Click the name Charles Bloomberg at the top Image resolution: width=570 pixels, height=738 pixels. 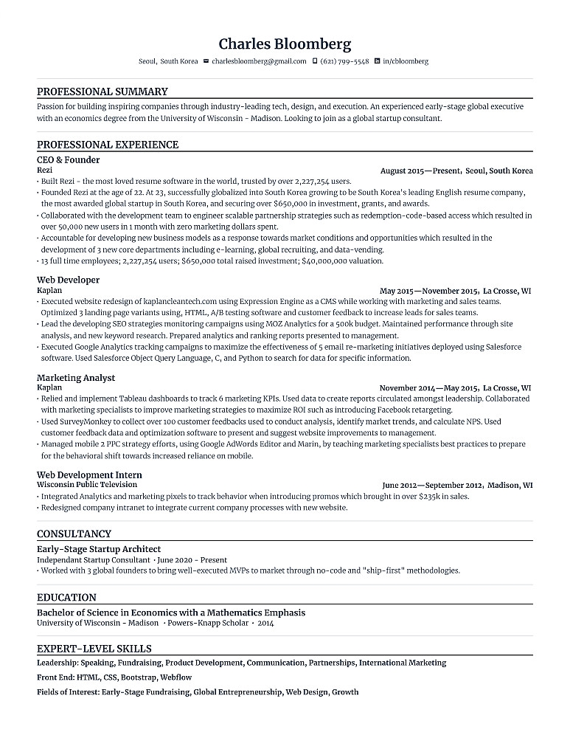point(285,44)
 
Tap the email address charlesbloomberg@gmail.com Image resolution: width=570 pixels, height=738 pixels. point(259,61)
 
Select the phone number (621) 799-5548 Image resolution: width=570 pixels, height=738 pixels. point(344,61)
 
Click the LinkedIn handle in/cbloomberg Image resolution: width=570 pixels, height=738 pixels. point(406,61)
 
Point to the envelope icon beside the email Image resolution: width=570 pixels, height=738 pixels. point(206,61)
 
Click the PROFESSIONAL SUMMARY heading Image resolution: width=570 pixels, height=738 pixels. point(102,92)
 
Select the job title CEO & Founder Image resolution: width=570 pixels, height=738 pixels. point(68,159)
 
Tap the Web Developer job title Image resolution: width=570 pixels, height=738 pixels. point(68,280)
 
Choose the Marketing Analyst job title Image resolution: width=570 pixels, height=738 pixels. point(76,377)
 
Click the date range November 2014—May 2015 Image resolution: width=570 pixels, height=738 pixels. point(427,387)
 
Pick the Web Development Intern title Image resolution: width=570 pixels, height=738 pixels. point(89,475)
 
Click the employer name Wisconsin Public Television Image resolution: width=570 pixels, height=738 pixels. point(87,485)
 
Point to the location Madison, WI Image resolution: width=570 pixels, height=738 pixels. point(510,486)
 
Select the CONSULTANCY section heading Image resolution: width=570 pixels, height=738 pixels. point(74,534)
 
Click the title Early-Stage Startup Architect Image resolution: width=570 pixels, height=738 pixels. point(99,549)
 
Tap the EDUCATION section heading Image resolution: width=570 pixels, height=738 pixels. point(66,597)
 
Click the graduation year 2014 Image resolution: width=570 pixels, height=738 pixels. point(265,623)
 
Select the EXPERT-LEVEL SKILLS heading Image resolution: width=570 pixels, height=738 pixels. point(94,649)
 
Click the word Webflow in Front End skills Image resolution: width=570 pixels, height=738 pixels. point(176,677)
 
